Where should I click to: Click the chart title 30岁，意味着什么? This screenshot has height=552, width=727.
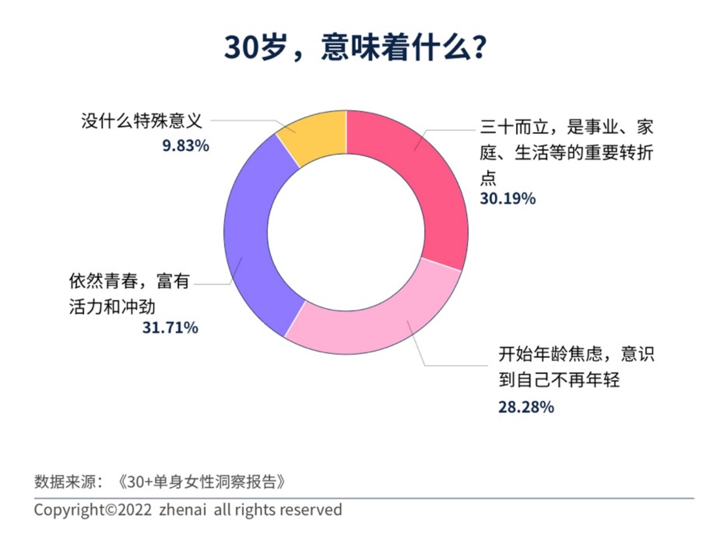[355, 48]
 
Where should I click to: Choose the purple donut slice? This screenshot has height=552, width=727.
[253, 238]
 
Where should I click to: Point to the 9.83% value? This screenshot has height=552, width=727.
[186, 146]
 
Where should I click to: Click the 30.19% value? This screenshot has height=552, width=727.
[507, 199]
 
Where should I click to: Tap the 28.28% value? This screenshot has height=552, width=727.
[526, 407]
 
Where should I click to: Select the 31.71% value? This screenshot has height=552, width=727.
[170, 328]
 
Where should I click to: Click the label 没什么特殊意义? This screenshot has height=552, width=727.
[141, 121]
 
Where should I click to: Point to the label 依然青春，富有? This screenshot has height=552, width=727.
[129, 281]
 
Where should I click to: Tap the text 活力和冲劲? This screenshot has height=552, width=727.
[112, 307]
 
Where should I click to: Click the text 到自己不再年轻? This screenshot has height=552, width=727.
[559, 380]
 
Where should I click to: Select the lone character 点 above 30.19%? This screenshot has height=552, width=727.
[488, 178]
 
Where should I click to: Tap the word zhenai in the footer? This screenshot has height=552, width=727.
[183, 510]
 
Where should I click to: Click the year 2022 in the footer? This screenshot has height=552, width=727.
[135, 510]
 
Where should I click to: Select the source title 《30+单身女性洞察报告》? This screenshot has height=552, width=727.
[202, 482]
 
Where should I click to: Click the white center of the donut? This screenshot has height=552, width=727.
[346, 232]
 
